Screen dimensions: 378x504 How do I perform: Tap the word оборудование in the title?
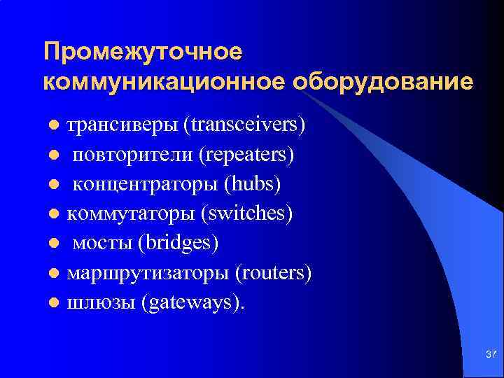pos(383,82)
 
